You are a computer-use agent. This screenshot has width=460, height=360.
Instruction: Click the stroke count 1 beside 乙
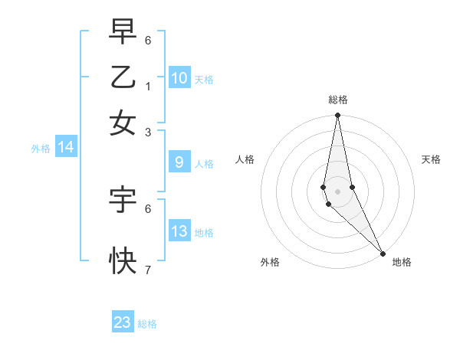148,86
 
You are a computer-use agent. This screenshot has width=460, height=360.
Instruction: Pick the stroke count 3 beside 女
148,132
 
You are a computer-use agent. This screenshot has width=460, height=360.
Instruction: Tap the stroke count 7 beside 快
148,270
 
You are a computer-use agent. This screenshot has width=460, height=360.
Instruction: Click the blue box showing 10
179,77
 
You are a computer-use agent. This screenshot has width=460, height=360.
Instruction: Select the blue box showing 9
179,162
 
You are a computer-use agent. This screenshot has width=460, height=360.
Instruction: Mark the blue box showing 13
179,231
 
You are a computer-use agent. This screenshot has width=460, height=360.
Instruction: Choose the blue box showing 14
66,148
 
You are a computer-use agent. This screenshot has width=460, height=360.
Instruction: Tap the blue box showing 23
123,322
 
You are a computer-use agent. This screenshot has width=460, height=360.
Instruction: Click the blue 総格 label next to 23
147,324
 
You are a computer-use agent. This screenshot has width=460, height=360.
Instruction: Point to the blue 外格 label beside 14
41,149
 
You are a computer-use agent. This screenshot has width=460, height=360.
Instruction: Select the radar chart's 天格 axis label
432,159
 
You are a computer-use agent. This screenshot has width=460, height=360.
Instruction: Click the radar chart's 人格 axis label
245,159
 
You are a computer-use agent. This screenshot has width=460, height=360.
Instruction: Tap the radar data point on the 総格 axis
337,116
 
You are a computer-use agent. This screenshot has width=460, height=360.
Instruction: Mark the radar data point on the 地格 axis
382,253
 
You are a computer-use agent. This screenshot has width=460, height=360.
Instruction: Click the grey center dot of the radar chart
337,191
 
